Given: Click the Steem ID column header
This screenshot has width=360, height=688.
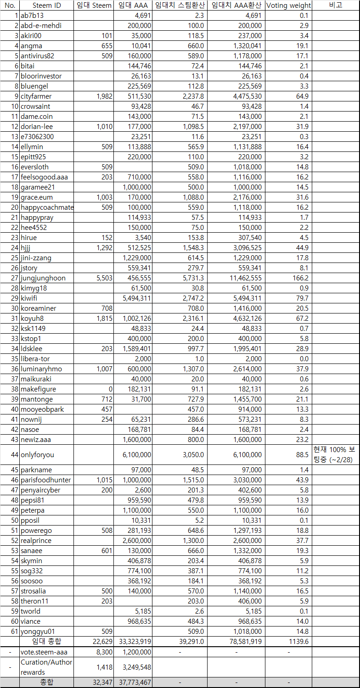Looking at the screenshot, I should click(46, 6).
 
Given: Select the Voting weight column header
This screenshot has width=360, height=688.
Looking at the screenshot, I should click(288, 6).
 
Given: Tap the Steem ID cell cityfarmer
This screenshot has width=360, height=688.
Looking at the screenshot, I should click(36, 96).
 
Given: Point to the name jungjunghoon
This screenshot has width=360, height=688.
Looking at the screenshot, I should click(43, 278).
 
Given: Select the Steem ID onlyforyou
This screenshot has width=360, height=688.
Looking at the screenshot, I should click(37, 455).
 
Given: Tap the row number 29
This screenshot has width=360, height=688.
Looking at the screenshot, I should click(14, 298).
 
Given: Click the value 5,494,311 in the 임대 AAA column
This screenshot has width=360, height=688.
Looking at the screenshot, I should click(137, 298).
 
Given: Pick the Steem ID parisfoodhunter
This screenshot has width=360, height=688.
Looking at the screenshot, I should click(46, 480).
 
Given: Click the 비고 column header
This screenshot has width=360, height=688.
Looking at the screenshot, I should click(335, 6).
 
